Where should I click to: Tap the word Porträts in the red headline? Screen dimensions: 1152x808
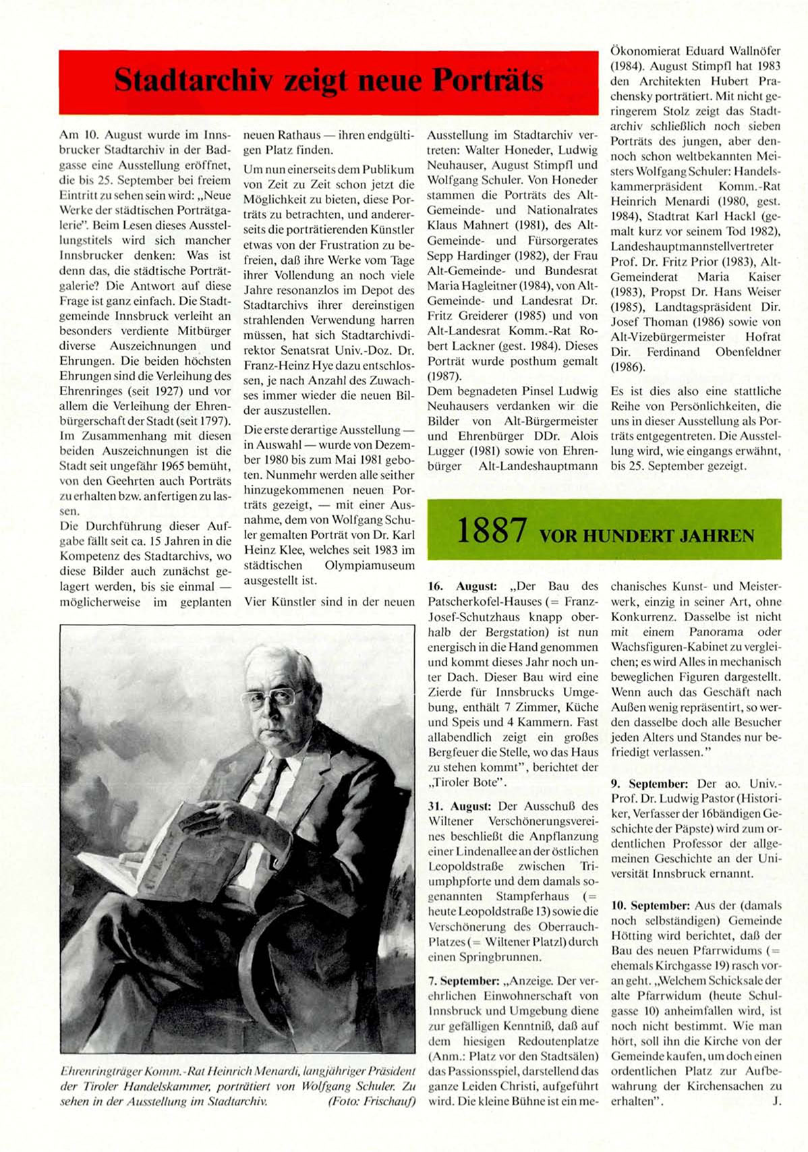point(488,80)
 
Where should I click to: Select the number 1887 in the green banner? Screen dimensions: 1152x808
point(491,531)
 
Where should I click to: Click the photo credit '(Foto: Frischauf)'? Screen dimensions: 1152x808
point(371,1101)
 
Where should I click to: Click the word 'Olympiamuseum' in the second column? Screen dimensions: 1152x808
point(370,565)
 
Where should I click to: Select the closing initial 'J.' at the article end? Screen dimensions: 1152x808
point(777,1101)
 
